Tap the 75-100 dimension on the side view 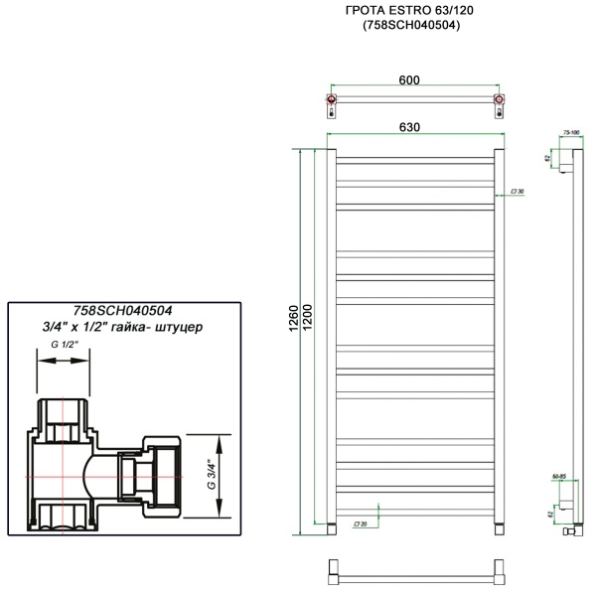(x=570, y=130)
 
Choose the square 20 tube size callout (x=360, y=523)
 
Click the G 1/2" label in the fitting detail (x=63, y=345)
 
